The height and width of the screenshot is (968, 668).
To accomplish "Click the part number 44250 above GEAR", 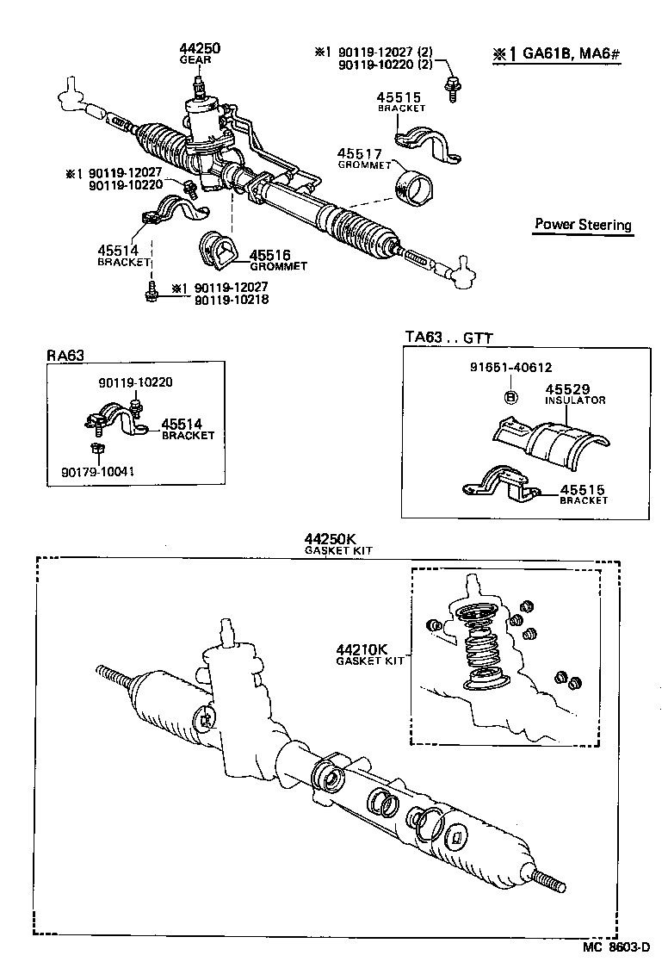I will coord(200,49).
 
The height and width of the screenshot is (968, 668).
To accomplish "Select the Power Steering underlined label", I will coord(583,225).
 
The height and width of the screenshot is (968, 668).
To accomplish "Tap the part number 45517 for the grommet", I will coord(360,154).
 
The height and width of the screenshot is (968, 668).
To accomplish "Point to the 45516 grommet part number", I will coord(269,256).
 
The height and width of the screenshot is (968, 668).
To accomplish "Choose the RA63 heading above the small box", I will coord(65,354).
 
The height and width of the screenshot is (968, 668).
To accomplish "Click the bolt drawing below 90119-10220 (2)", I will coord(451,86).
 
